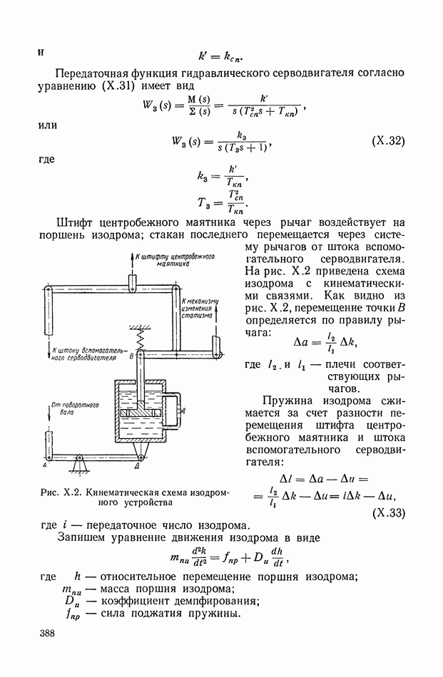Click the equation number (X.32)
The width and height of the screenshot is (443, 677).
[388, 142]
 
